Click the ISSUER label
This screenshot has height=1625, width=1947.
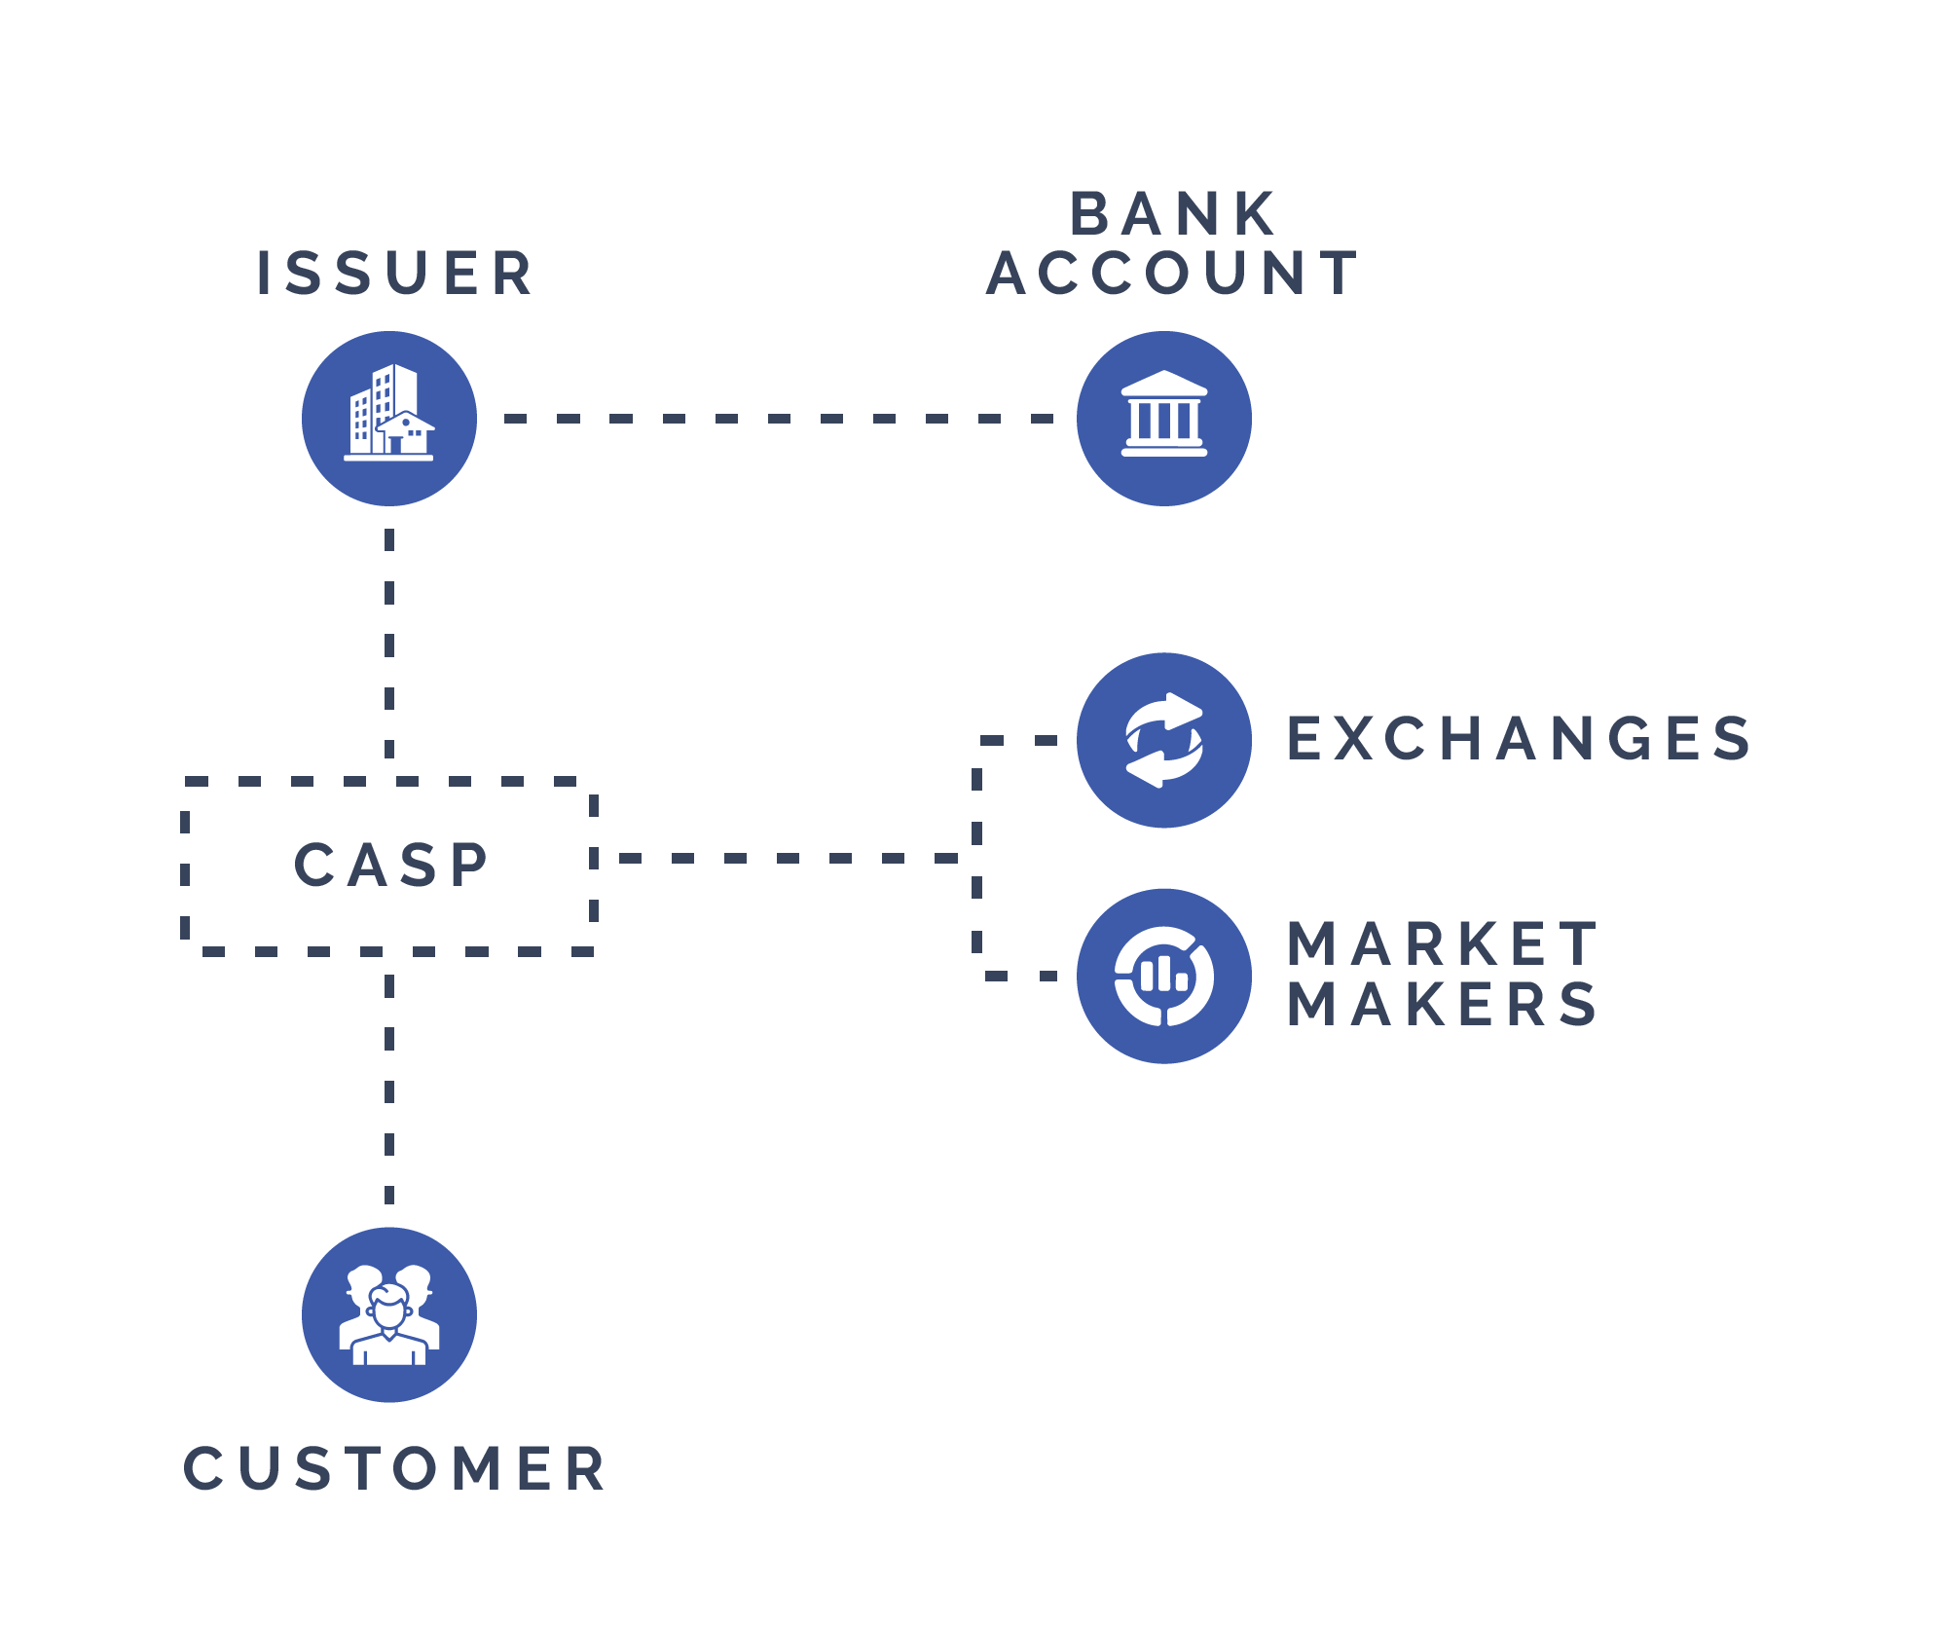coord(394,273)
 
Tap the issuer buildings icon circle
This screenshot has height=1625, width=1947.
coord(389,419)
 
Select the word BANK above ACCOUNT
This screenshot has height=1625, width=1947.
coord(1173,214)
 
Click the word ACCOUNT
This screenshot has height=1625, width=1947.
coord(1173,273)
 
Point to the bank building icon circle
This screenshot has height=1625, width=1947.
coord(1164,419)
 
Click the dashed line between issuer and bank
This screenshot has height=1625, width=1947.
coord(779,419)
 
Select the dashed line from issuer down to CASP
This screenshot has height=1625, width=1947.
coord(389,643)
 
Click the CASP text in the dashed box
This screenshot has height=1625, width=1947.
coord(391,865)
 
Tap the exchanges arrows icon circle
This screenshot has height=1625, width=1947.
coord(1164,740)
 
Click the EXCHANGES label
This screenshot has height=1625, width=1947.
coord(1519,738)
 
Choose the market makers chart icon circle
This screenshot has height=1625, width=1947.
coord(1164,976)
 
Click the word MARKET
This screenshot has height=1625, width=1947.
coord(1443,943)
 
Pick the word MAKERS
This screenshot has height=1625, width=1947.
coord(1443,1004)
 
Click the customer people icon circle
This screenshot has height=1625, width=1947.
coord(389,1314)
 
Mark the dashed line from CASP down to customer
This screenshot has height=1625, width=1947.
coord(389,1090)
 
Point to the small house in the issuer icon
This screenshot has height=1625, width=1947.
coord(406,434)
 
